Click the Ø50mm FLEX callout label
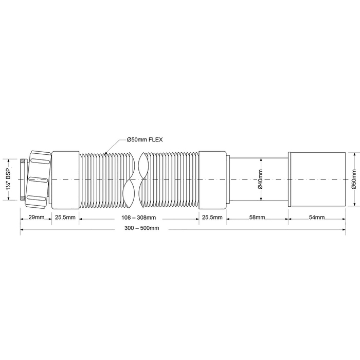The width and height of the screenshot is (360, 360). click(145, 139)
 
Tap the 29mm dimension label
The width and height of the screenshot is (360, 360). click(37, 217)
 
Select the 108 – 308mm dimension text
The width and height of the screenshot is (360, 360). click(138, 218)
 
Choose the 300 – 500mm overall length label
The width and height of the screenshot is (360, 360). click(141, 228)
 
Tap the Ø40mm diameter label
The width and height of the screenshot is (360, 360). click(260, 179)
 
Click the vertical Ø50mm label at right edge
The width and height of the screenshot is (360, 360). click(354, 179)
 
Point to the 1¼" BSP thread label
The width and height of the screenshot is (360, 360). click(9, 179)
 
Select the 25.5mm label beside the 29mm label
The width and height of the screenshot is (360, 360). click(65, 217)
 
